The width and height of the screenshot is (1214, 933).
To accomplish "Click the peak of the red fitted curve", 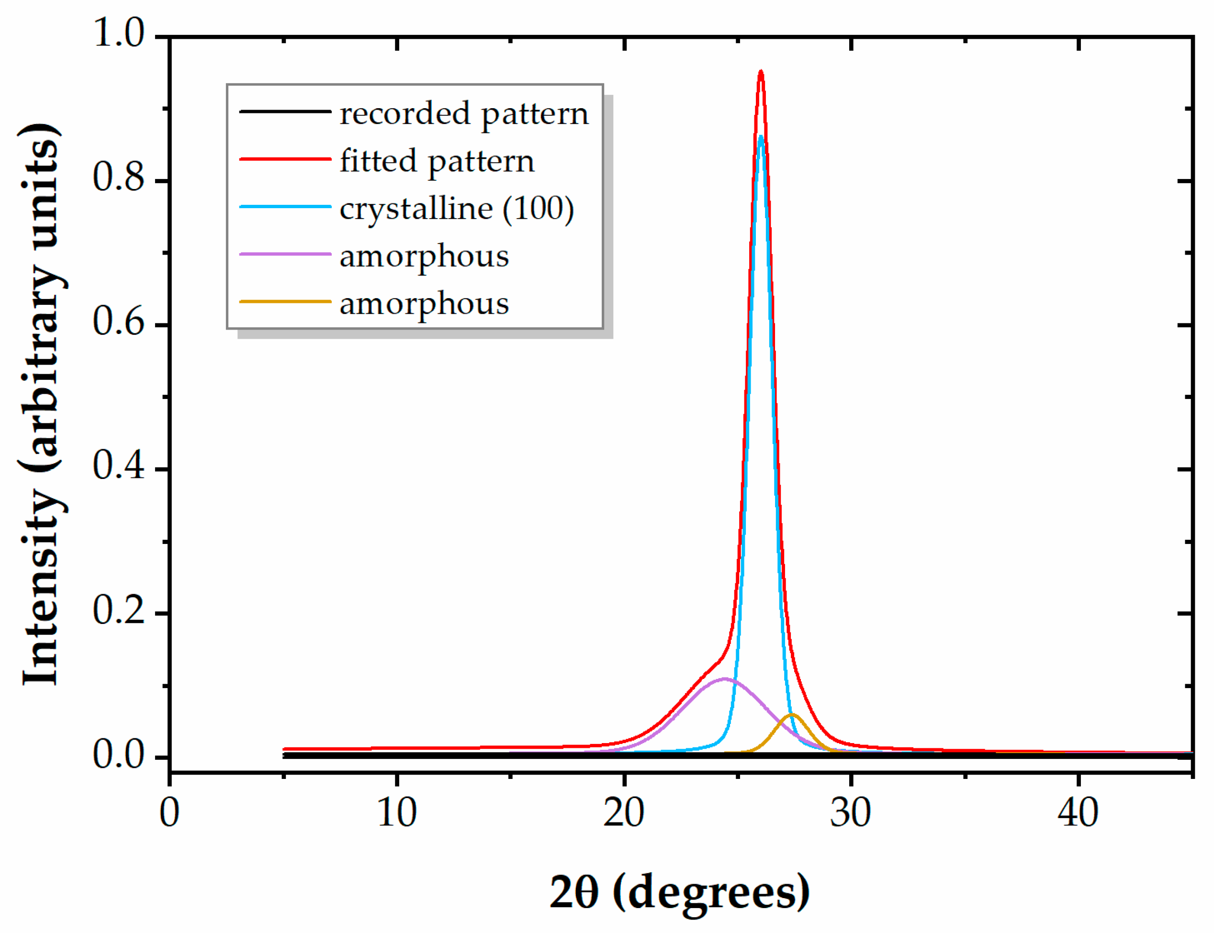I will (x=761, y=72).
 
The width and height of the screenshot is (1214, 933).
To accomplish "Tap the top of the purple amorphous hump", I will (x=724, y=678).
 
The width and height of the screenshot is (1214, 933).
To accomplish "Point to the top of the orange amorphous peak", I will (x=792, y=714).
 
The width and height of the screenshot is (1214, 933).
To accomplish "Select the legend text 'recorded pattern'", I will (x=463, y=114).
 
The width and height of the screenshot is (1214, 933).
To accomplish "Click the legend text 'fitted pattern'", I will (x=437, y=161).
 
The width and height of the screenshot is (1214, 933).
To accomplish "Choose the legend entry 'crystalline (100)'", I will (x=456, y=209).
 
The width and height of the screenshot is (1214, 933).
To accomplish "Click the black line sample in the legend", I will (x=285, y=112).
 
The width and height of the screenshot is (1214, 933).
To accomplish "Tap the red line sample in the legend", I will (x=285, y=159).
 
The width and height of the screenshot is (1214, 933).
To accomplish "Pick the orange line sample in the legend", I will (x=285, y=301).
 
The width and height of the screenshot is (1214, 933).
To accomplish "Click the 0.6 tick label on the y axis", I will (x=119, y=322).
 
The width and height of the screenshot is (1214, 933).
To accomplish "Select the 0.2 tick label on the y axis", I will (x=119, y=611).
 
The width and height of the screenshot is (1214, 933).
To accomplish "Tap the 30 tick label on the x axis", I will (x=850, y=813).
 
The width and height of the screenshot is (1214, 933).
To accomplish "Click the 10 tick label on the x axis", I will (x=396, y=813).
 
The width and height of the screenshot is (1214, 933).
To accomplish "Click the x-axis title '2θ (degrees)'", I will (x=679, y=892).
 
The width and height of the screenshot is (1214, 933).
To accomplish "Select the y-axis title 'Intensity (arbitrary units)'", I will (x=42, y=404).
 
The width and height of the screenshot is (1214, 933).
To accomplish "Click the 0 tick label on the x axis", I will (x=169, y=813).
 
